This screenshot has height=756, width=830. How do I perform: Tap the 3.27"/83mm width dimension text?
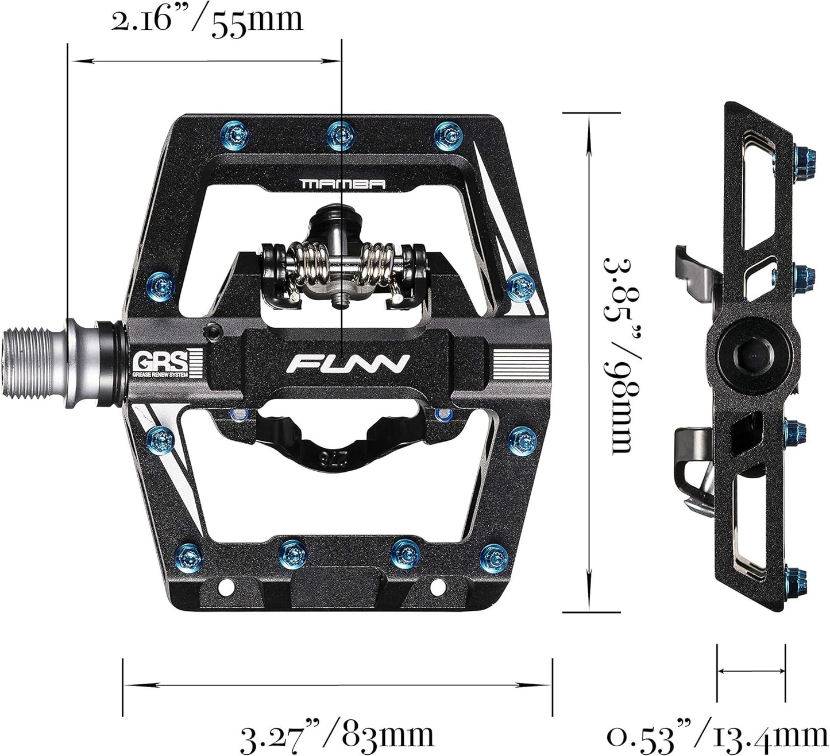[337, 735]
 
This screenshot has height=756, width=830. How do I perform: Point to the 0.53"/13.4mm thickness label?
[717, 736]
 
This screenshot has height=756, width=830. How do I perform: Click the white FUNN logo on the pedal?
[349, 363]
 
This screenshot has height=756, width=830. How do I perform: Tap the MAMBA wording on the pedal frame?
[343, 184]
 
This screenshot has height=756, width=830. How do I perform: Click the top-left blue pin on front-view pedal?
[238, 134]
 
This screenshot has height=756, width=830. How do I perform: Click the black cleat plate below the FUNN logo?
[338, 439]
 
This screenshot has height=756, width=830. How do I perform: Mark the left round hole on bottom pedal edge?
[226, 586]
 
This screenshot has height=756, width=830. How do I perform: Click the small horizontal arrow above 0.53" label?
[751, 670]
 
